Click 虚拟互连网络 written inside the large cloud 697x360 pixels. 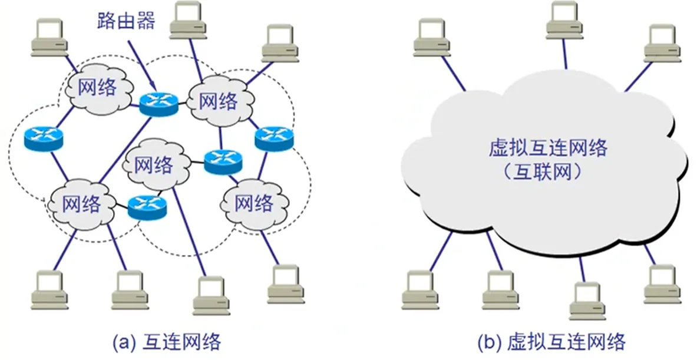pyautogui.click(x=548, y=148)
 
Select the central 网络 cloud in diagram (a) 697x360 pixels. pyautogui.click(x=154, y=166)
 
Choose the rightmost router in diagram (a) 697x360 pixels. pyautogui.click(x=274, y=138)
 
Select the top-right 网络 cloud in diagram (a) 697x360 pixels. pyautogui.click(x=219, y=101)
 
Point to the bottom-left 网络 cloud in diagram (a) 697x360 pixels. pyautogui.click(x=81, y=204)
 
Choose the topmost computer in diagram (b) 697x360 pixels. pyautogui.click(x=564, y=21)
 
